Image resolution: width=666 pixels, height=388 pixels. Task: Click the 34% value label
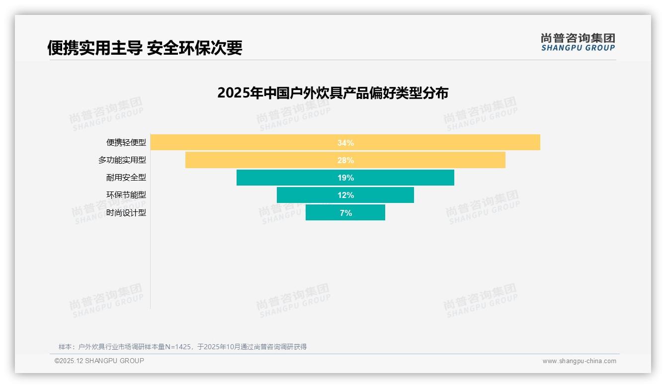point(345,143)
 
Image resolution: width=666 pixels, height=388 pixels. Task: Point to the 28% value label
point(345,160)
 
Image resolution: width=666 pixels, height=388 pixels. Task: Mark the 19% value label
point(345,178)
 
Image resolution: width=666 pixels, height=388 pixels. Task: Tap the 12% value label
point(345,195)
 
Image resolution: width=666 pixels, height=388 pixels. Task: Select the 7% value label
point(345,213)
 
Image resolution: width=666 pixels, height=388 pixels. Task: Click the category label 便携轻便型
point(126,142)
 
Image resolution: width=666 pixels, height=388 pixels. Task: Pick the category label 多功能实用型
point(122,160)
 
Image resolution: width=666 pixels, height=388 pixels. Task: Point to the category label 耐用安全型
point(126,178)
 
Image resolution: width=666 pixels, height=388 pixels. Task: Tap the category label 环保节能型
point(126,195)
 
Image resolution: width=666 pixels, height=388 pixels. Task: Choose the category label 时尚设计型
point(126,212)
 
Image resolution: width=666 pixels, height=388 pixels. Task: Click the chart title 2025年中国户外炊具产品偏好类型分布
point(333,93)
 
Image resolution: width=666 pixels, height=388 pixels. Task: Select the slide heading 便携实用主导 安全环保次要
point(145,48)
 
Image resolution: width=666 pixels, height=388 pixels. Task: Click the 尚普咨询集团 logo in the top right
point(578,42)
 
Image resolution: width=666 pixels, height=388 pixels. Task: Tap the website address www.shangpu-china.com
point(579,361)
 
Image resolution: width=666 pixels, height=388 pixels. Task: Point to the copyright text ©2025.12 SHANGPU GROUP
point(99,361)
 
